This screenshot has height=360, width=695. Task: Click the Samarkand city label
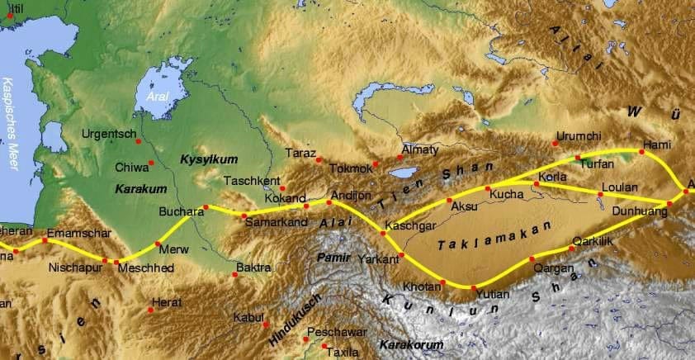[x=274, y=226]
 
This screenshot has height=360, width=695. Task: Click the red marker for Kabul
[x=266, y=323]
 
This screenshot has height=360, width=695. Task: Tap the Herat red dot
[x=150, y=310]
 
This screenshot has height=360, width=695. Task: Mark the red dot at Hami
[x=641, y=152]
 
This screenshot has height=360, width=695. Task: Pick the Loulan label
[x=621, y=187]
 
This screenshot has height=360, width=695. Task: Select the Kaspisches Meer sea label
[x=10, y=124]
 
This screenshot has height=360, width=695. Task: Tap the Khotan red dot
[x=442, y=283]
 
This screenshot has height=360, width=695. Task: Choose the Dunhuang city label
[x=636, y=211]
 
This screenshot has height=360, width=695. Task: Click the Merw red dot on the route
[x=158, y=244]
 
